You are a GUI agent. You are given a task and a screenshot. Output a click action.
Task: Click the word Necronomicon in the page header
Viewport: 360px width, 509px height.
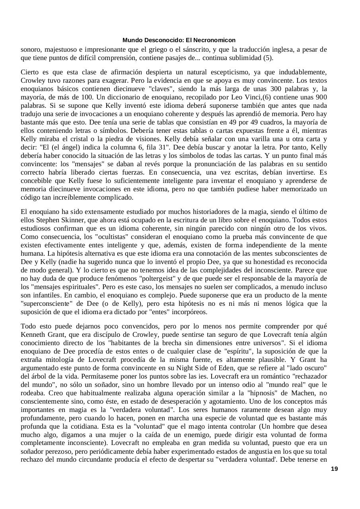coord(216,40)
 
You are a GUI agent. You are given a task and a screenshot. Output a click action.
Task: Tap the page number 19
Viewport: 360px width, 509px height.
coord(335,469)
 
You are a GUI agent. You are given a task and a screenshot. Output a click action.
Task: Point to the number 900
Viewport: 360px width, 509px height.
coord(321,97)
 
